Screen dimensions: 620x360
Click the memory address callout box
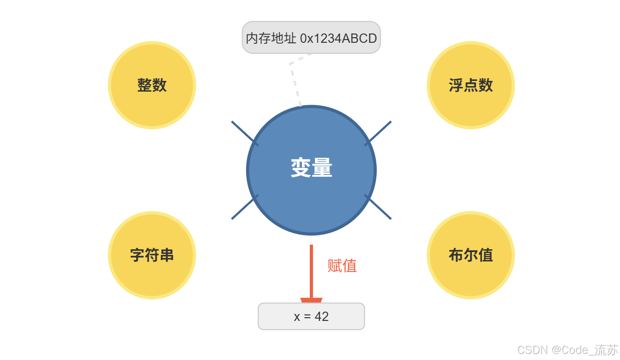click(311, 37)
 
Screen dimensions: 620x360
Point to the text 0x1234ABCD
click(338, 38)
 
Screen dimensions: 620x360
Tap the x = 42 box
click(311, 316)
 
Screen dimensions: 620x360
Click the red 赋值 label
click(342, 266)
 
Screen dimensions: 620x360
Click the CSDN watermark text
click(567, 350)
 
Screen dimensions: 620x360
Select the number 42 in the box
click(322, 317)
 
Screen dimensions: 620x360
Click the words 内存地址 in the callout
click(271, 38)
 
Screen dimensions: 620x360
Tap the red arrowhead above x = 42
click(311, 300)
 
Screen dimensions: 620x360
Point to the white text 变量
click(311, 168)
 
